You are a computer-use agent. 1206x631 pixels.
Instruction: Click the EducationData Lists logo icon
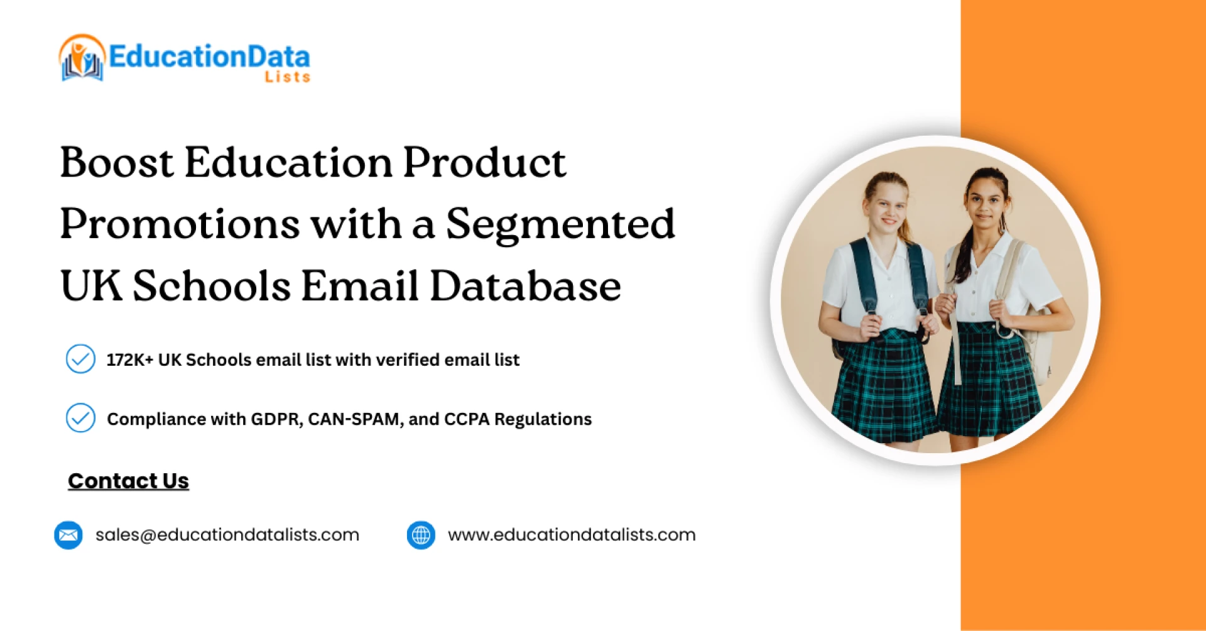(82, 58)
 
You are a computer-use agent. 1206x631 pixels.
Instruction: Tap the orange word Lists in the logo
(287, 77)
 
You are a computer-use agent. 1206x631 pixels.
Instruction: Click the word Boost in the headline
(116, 163)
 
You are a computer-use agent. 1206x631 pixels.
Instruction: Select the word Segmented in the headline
(560, 224)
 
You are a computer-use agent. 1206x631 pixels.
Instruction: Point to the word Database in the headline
(525, 286)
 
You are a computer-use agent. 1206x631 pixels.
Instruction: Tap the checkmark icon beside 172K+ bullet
(80, 359)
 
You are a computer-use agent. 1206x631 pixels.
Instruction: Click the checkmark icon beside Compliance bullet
(80, 418)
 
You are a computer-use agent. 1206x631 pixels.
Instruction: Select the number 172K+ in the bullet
(129, 360)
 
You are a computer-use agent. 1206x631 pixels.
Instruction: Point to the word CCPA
(466, 419)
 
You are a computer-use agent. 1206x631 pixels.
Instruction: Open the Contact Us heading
(128, 481)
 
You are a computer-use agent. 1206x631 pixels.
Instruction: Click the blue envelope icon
(68, 535)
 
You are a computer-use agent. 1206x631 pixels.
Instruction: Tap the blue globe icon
(421, 535)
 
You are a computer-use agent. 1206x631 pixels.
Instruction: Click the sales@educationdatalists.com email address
(227, 535)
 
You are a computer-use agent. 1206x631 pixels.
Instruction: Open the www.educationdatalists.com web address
(572, 535)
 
